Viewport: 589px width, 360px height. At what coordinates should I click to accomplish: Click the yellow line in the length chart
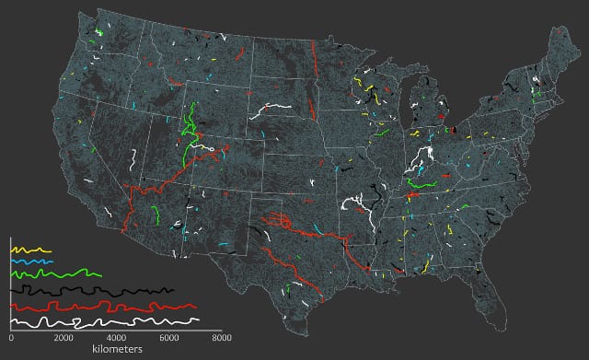(x=29, y=250)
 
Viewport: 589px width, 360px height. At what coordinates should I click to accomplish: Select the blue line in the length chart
(x=31, y=262)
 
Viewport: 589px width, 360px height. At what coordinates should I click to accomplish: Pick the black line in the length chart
(x=92, y=291)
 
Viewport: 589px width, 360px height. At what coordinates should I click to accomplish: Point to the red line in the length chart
(x=101, y=306)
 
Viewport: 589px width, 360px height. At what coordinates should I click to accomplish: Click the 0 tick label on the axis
(x=10, y=339)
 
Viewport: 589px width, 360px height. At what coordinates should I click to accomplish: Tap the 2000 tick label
(x=63, y=339)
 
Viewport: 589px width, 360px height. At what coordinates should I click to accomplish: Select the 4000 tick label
(x=116, y=339)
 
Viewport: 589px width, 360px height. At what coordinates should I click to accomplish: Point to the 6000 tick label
(x=168, y=339)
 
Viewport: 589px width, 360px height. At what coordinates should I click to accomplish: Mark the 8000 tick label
(x=221, y=339)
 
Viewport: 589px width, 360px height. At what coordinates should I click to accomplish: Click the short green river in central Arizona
(x=154, y=215)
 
